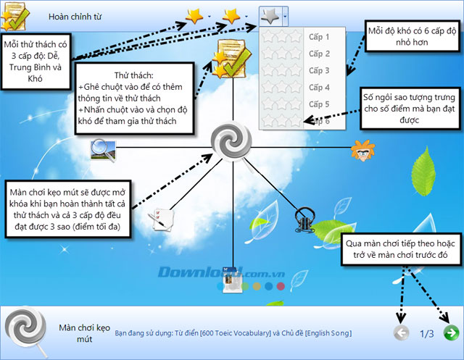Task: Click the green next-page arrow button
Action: pos(450,333)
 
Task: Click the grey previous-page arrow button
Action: pos(400,333)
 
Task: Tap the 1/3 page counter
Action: pos(426,334)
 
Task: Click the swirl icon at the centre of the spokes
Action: pos(231,141)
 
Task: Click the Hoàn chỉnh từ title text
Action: pos(76,15)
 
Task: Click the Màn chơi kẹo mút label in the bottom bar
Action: pos(76,332)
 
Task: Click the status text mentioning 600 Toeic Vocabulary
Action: pos(233,333)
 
